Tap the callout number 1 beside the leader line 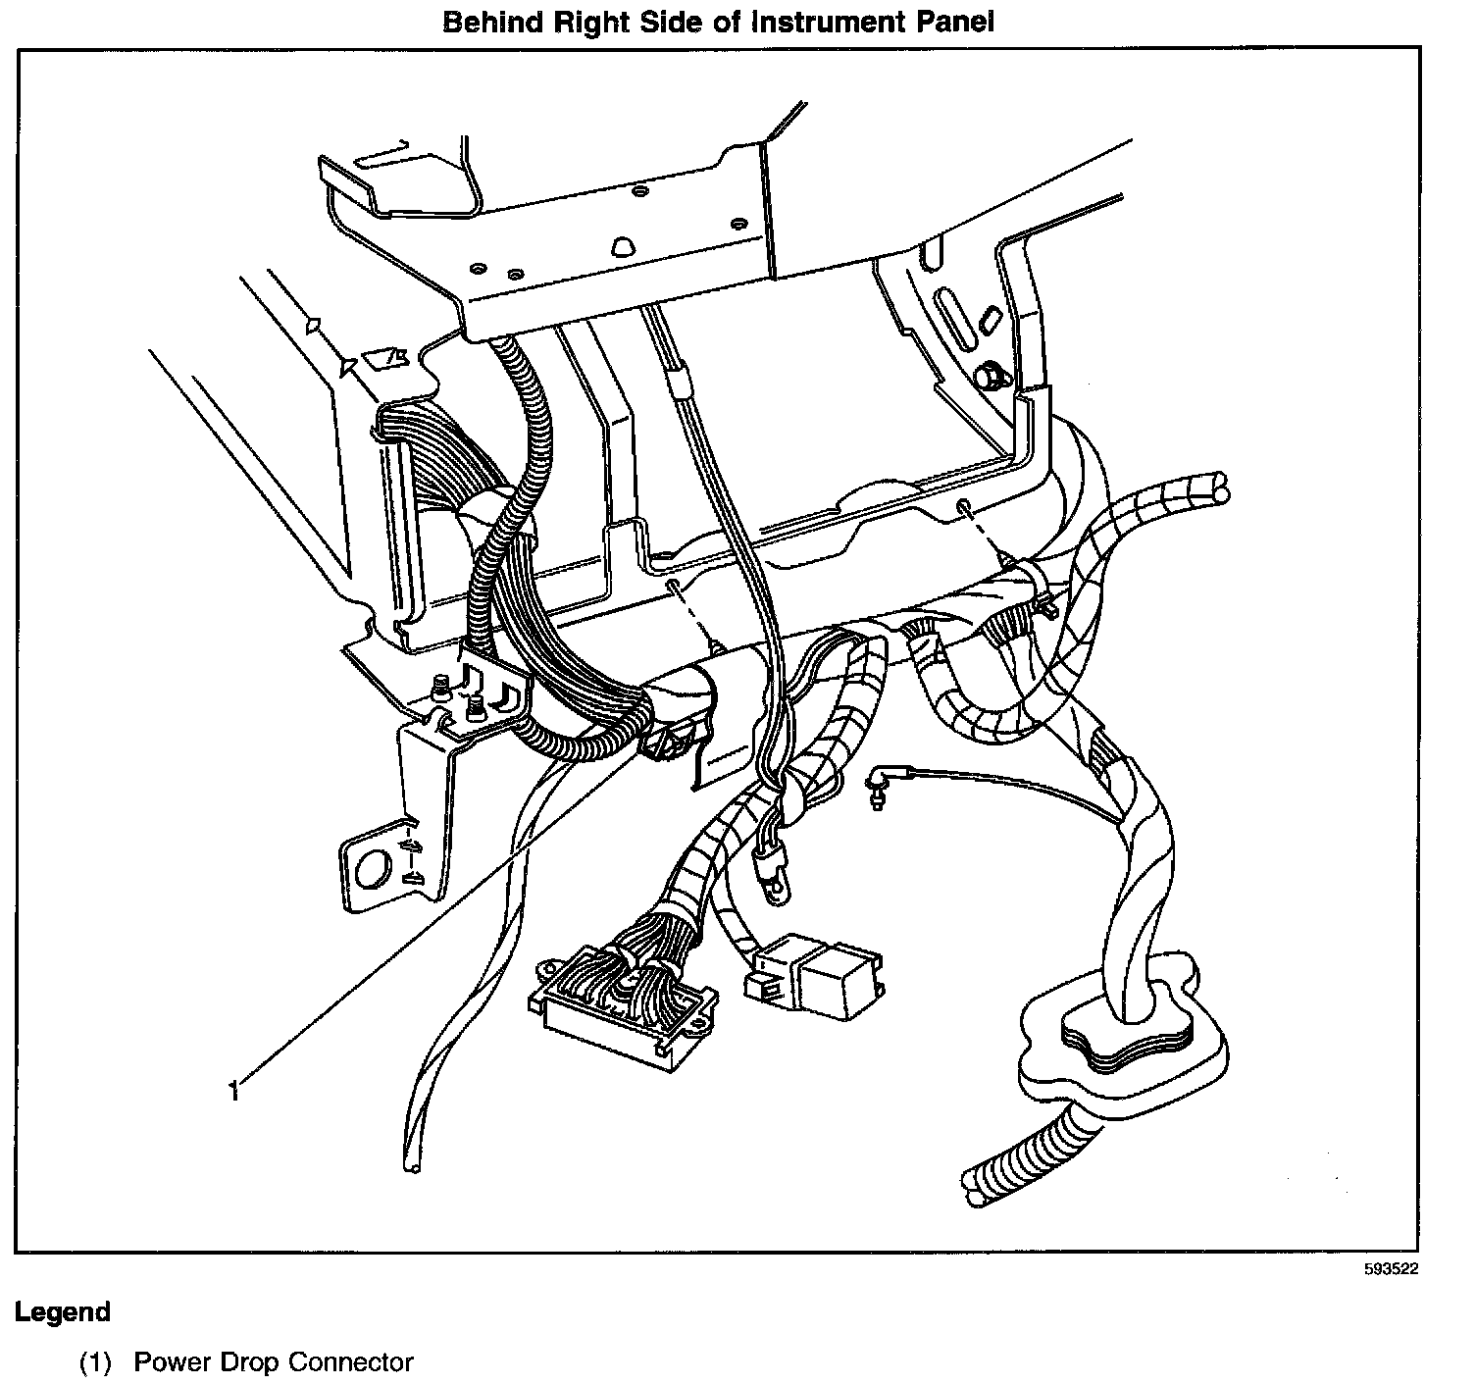233,1090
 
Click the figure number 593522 1391,1268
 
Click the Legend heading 62,1311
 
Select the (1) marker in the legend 95,1362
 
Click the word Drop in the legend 250,1362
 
